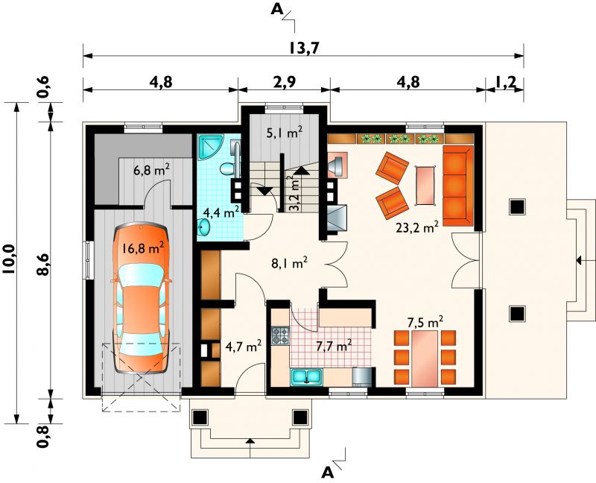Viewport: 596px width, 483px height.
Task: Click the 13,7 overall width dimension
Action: coord(303,48)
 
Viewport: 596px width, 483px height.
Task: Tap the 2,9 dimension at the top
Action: coord(284,82)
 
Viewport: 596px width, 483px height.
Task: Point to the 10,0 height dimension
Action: coord(8,259)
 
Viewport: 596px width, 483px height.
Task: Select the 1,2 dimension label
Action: coord(506,82)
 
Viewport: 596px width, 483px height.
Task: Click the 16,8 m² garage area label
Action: coord(143,248)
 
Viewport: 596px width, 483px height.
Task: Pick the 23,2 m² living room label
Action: coord(417,228)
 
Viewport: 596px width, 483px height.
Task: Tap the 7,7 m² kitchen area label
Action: coord(334,346)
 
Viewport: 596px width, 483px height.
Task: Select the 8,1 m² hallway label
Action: coord(289,263)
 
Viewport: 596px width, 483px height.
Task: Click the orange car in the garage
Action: coord(141,299)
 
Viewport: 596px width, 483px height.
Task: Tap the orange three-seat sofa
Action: coord(457,186)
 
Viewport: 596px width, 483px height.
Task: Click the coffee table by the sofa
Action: coord(425,185)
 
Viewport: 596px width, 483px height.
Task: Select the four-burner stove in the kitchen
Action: coord(280,336)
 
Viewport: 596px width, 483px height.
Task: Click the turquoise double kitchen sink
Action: coord(307,377)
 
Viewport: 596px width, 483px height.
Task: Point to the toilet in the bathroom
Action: coord(228,168)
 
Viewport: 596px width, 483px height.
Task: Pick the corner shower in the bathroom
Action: coord(209,148)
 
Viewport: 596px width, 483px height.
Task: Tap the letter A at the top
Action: coord(277,10)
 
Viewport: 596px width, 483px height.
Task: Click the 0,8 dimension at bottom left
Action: coord(44,436)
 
